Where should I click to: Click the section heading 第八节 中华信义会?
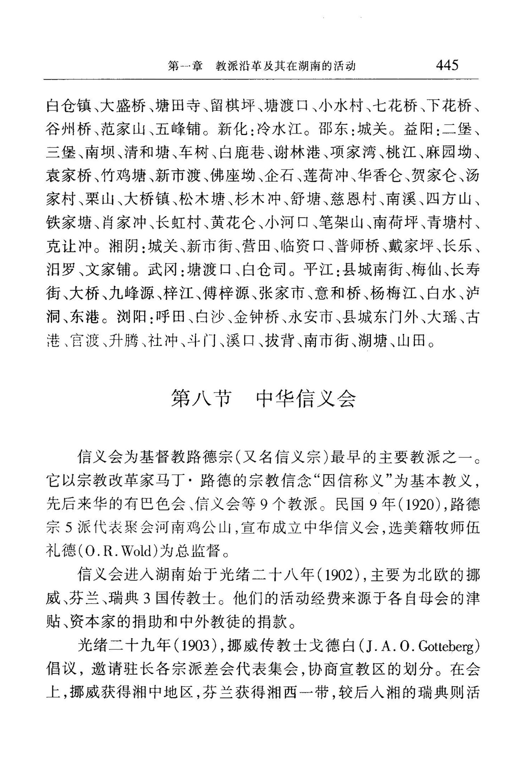pos(263,399)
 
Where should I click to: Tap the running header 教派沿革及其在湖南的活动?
pos(285,66)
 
